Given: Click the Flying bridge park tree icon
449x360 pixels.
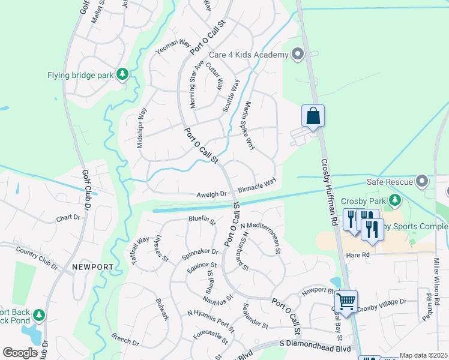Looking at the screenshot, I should click(122, 74).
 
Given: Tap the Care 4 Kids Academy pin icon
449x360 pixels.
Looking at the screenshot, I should click(297, 55).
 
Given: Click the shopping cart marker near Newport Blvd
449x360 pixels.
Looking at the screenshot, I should click(346, 300).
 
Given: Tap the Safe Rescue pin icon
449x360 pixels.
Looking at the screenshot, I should click(423, 181).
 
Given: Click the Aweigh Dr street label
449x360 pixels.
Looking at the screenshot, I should click(212, 194).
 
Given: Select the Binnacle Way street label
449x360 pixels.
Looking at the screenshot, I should click(257, 184).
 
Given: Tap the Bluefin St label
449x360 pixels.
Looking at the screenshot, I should click(202, 221).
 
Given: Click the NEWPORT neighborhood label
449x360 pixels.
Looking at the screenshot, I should click(93, 266).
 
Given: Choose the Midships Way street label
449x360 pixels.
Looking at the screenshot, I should click(141, 128).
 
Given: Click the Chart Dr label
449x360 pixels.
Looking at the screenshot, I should click(68, 218).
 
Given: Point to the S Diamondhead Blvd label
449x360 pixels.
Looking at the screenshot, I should click(315, 347).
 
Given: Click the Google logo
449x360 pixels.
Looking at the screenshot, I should click(20, 353).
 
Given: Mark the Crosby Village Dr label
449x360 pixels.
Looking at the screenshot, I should click(382, 305).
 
